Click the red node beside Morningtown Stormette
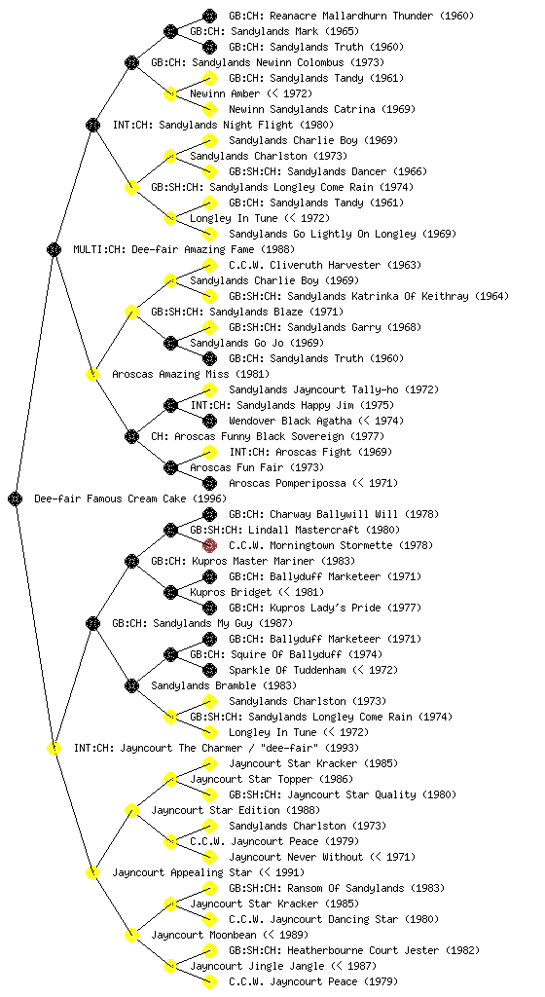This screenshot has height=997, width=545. [209, 545]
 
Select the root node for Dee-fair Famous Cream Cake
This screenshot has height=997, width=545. [16, 498]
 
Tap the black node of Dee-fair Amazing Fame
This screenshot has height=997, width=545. [54, 249]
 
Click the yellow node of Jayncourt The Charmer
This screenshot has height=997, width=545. [54, 748]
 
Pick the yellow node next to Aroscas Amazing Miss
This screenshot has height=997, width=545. [92, 374]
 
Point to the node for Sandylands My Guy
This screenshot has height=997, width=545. [92, 623]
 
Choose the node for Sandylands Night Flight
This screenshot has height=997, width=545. [92, 125]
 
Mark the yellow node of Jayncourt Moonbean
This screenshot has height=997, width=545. [131, 935]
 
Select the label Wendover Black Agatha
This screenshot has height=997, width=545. [290, 421]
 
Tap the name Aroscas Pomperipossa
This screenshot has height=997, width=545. [288, 483]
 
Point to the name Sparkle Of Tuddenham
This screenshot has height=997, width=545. [288, 670]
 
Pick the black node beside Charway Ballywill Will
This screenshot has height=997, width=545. [209, 514]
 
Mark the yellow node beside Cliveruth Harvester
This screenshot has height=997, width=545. [209, 265]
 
